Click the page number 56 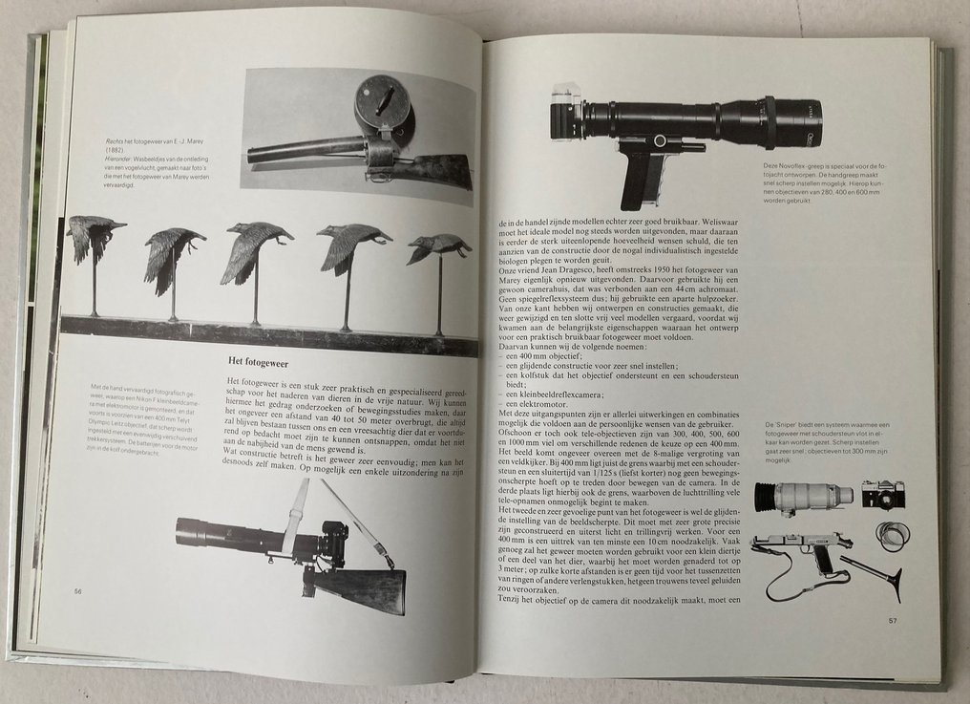coord(78,592)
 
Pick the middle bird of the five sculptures coord(255,247)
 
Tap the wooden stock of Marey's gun coord(434,171)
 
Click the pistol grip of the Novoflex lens coord(638,177)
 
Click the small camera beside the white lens coord(883,494)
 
